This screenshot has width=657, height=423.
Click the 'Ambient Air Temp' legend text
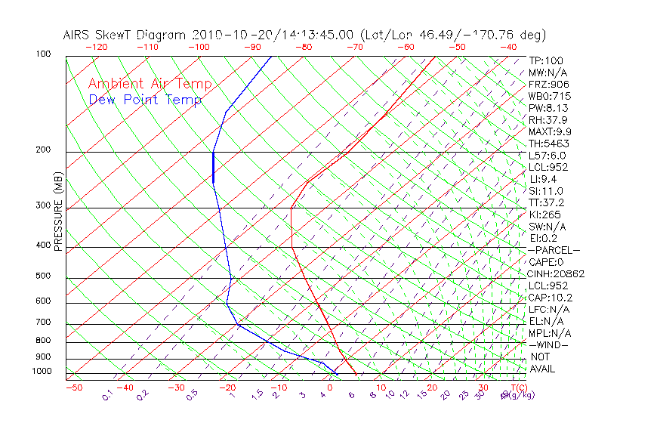click(x=142, y=85)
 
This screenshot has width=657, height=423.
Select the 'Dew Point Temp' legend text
click(x=145, y=100)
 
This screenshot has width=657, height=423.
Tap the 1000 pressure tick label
click(x=43, y=371)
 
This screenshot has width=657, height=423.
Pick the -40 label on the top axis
click(x=508, y=47)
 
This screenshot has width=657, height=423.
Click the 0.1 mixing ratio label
click(x=108, y=394)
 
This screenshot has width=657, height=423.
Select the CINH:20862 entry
click(x=556, y=273)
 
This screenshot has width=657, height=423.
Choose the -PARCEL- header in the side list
click(x=554, y=250)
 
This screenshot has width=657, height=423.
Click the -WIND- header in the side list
click(x=548, y=344)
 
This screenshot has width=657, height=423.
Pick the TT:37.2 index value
click(x=547, y=202)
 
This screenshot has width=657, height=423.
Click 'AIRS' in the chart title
click(x=77, y=35)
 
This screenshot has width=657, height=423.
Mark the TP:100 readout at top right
click(x=545, y=61)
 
